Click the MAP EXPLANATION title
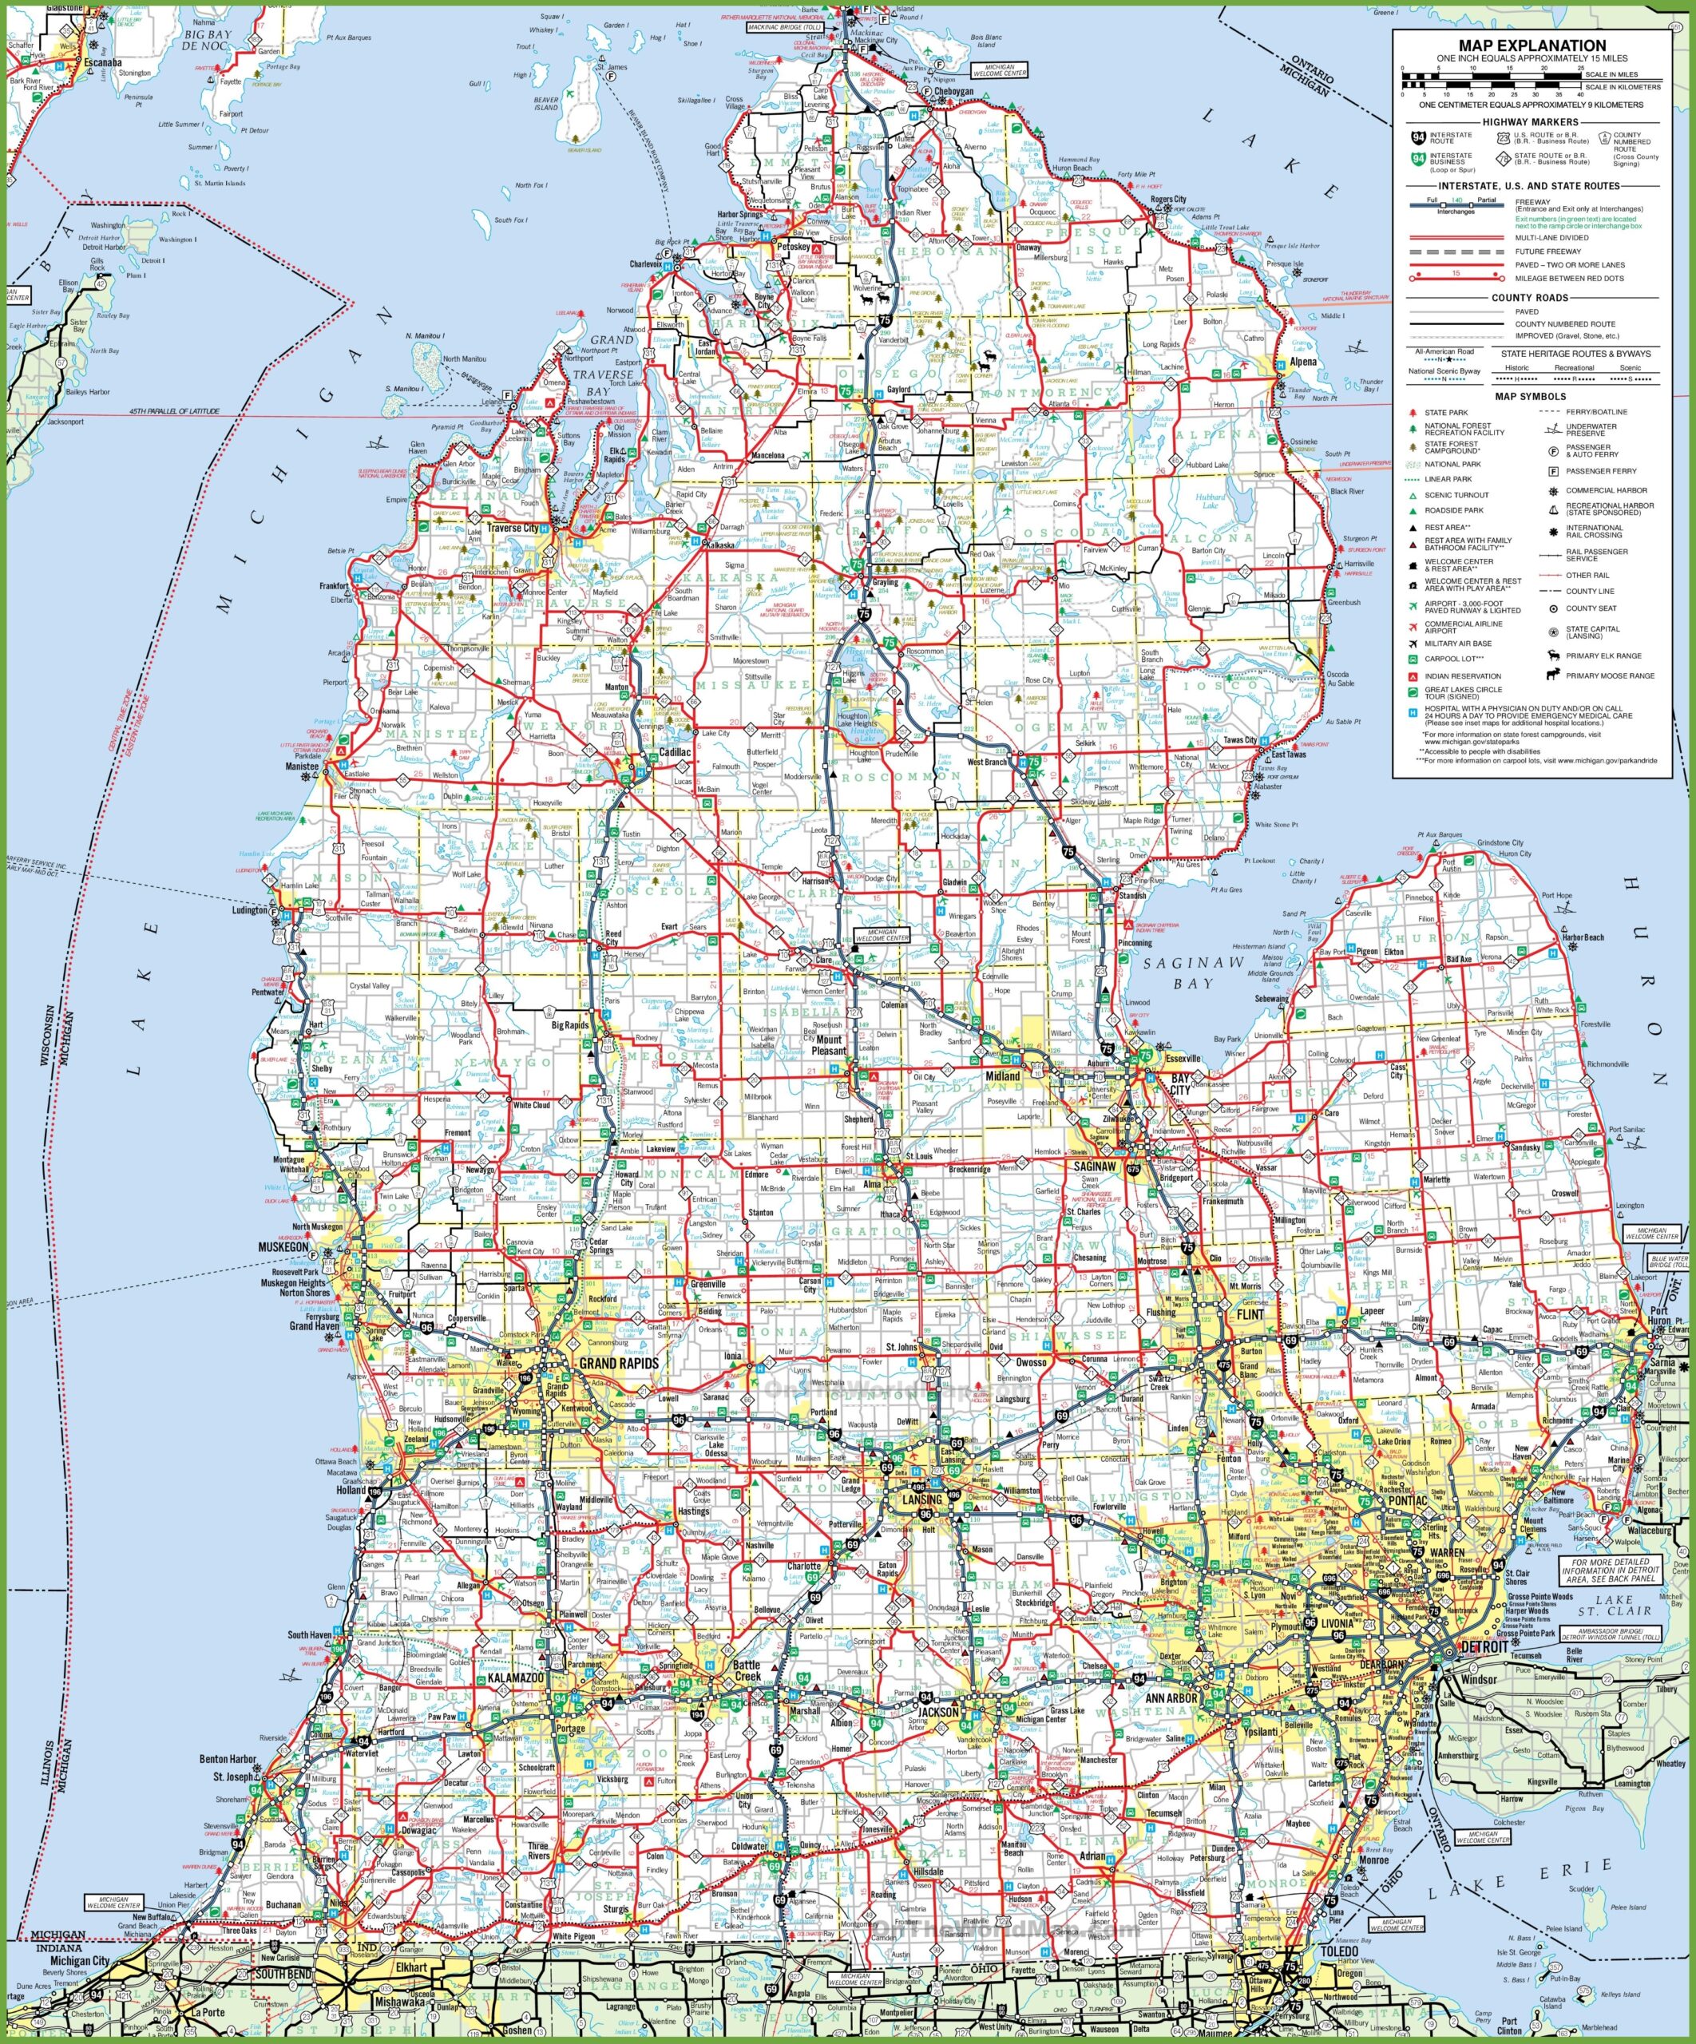1532,45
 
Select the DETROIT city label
1484,1646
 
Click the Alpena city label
1302,362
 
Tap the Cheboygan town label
953,92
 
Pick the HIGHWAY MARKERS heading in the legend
1531,121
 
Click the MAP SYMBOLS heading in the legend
1531,396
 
